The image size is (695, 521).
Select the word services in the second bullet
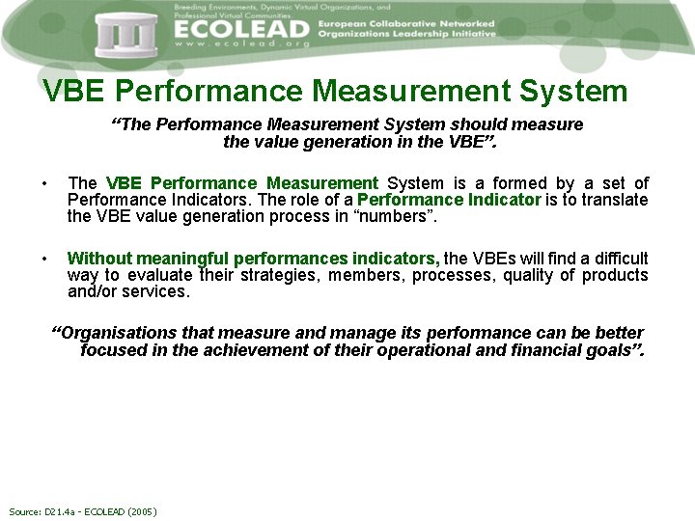click(160, 291)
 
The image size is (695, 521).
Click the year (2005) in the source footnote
click(140, 511)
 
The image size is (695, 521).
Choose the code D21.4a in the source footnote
click(59, 511)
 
